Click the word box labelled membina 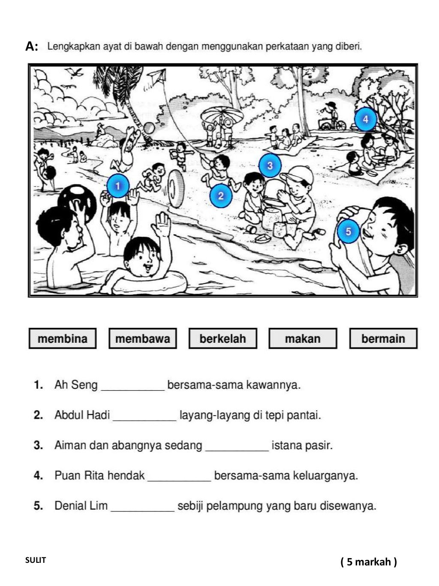[63, 338]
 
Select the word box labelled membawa [143, 338]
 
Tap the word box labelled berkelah [223, 338]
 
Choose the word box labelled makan [303, 338]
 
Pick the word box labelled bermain [383, 338]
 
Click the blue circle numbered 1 [117, 186]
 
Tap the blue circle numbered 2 [221, 196]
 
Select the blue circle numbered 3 [270, 165]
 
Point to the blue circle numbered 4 [365, 119]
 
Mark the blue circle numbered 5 [348, 231]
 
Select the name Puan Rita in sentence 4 [99, 475]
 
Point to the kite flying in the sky [157, 78]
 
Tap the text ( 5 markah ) [369, 562]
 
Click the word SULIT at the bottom [35, 560]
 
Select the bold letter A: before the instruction [32, 46]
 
